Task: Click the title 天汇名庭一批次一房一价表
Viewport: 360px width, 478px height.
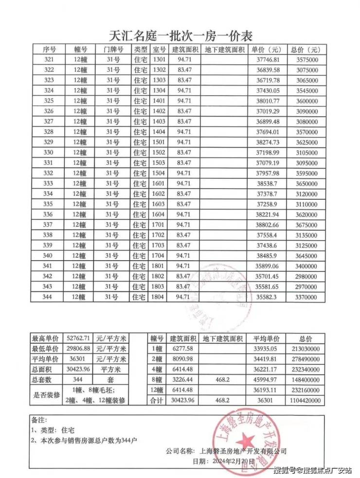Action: (180, 35)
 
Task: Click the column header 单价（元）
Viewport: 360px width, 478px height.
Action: (267, 50)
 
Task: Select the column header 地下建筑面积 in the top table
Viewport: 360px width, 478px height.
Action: (224, 50)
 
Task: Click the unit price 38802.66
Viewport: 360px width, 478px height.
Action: (267, 225)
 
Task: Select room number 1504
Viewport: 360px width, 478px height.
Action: (159, 173)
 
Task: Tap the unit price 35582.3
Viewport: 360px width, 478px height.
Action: (267, 297)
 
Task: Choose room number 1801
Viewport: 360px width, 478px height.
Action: (159, 266)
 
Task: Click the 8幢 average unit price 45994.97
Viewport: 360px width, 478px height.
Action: (265, 379)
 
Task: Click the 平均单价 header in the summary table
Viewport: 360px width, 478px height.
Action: (265, 338)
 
